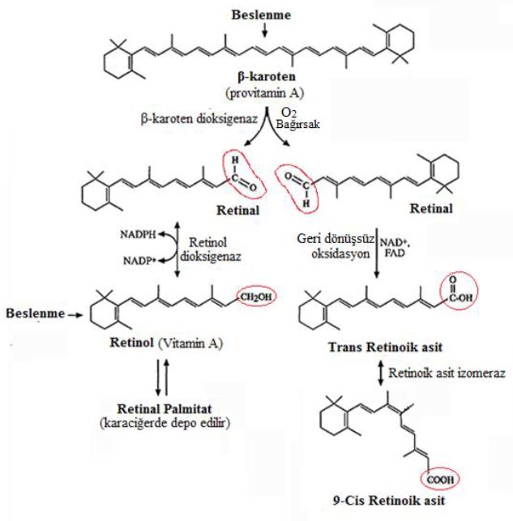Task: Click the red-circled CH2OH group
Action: [x=252, y=297]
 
